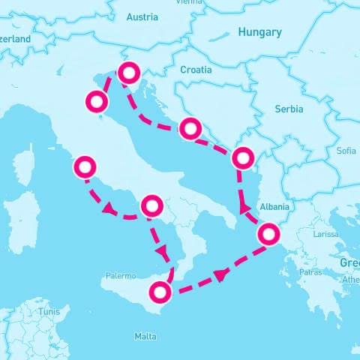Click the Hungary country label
point(259,32)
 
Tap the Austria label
point(142,16)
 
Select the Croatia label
point(196,70)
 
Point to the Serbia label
point(289,109)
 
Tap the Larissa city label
point(325,234)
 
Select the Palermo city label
point(121,276)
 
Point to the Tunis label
point(49,310)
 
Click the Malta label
point(145,336)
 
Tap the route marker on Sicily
point(160,291)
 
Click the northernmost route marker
point(129,73)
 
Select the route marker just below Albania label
point(269,235)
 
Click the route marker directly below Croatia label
point(190,128)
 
